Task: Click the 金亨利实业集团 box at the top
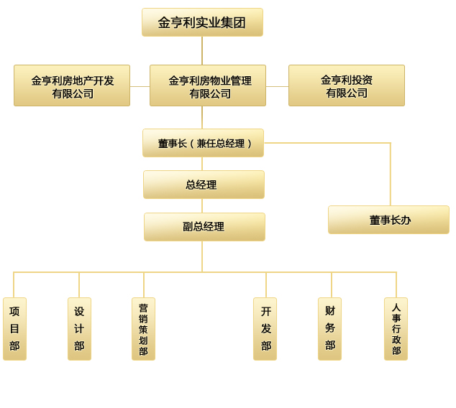point(202,22)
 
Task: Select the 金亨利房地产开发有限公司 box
point(72,85)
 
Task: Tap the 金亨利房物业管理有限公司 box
point(208,85)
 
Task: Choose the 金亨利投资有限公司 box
point(347,85)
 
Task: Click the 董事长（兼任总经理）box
point(203,143)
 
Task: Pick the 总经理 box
point(204,185)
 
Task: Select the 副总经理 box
point(204,227)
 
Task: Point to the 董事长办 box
point(388,220)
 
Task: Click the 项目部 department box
point(14,329)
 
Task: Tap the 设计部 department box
point(79,329)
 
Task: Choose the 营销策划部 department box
point(143,329)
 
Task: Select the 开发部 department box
point(265,329)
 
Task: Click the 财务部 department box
point(329,329)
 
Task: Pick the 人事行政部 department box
point(396,329)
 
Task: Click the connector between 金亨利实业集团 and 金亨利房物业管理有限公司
point(202,50)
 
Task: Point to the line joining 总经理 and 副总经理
point(202,206)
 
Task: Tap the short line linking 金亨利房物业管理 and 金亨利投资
point(277,86)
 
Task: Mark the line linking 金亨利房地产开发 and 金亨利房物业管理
point(140,86)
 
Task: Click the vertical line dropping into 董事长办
point(391,176)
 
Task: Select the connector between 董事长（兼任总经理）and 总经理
point(202,164)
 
